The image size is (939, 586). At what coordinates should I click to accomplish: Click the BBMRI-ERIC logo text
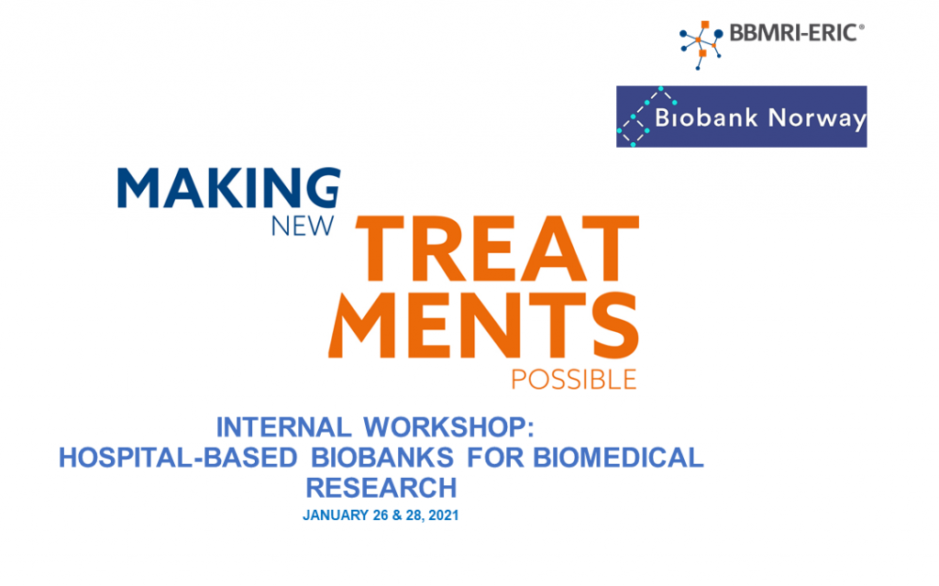793,33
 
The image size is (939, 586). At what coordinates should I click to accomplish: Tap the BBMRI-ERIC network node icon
701,45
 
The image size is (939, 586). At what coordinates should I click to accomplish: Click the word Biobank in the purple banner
707,117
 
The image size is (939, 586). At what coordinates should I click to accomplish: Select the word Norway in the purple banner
817,118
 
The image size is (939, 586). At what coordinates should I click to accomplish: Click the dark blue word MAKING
228,188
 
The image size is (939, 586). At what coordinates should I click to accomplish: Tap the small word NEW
303,226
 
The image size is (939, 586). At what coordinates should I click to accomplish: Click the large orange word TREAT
497,249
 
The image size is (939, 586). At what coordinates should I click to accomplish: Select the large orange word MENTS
483,326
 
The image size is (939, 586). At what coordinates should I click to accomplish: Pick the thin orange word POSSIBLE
574,380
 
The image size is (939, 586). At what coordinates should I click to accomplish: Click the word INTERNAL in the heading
283,427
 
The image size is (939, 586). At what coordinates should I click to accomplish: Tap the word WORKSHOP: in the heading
448,427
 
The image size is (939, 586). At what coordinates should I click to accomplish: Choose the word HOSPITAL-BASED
178,458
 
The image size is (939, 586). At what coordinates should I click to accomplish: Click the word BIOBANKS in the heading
382,458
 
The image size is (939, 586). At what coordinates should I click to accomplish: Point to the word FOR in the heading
492,458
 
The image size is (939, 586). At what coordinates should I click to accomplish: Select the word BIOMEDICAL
618,458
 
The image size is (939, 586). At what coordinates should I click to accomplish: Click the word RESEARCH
381,488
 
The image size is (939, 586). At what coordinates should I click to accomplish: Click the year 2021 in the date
444,515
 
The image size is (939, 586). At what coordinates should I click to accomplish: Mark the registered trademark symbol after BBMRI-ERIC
862,27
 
